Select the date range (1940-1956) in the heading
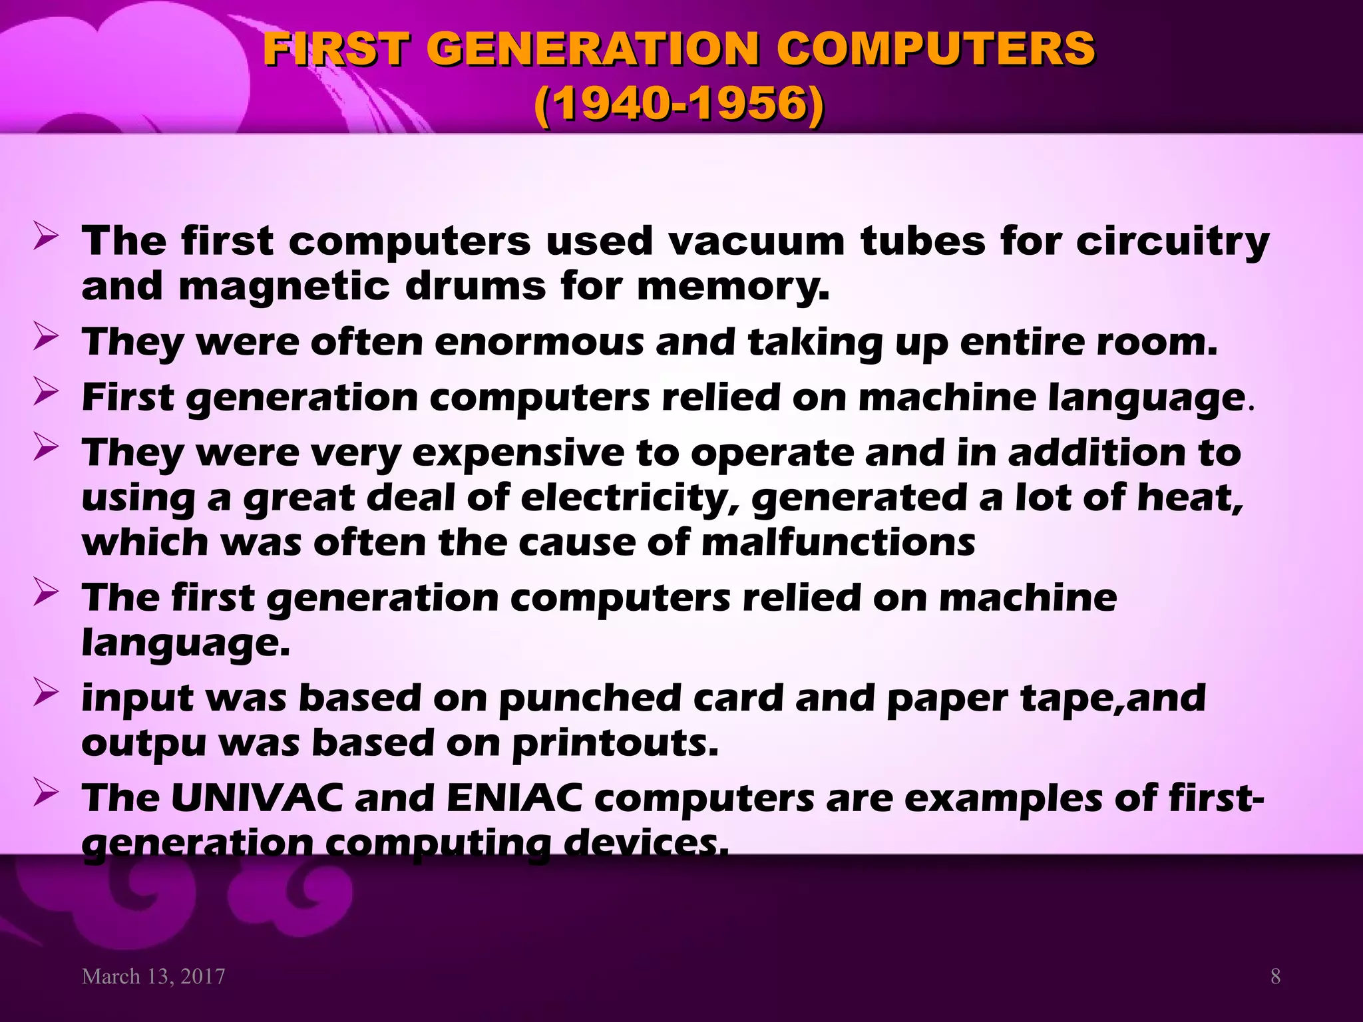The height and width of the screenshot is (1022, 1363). (x=679, y=104)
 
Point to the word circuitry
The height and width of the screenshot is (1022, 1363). (x=1173, y=242)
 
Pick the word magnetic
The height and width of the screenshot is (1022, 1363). (x=284, y=287)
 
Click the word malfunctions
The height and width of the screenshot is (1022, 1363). (x=838, y=542)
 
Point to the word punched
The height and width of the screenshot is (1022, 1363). (x=589, y=699)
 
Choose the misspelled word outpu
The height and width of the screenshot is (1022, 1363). (x=143, y=744)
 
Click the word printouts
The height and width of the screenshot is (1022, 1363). (x=615, y=744)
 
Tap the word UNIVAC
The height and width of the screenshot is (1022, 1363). (x=256, y=798)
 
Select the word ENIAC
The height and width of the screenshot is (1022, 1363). (x=514, y=798)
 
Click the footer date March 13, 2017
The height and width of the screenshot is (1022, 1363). (x=153, y=976)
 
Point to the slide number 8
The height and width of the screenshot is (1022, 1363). (x=1275, y=976)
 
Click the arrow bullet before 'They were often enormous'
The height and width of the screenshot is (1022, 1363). (x=46, y=337)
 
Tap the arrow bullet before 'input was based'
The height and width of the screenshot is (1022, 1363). (x=46, y=693)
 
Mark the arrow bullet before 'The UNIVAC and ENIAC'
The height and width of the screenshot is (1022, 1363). (x=46, y=792)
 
